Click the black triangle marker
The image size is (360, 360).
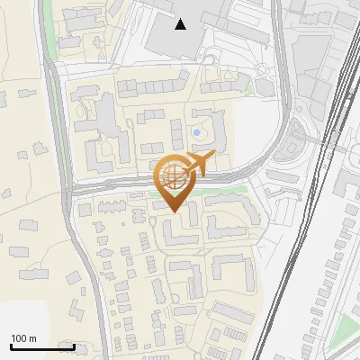[181, 24]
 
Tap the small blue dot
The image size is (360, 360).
[197, 134]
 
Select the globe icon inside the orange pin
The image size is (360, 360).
[171, 175]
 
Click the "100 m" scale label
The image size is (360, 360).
[24, 338]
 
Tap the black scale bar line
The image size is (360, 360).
[41, 346]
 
